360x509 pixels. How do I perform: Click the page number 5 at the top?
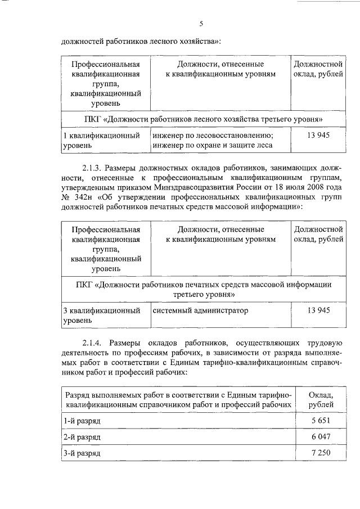[x=201, y=22]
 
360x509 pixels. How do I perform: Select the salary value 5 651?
[x=321, y=420]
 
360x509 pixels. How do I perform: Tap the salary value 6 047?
[x=321, y=436]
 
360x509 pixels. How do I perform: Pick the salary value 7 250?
[x=321, y=453]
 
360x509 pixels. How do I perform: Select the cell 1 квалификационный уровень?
[x=101, y=141]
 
